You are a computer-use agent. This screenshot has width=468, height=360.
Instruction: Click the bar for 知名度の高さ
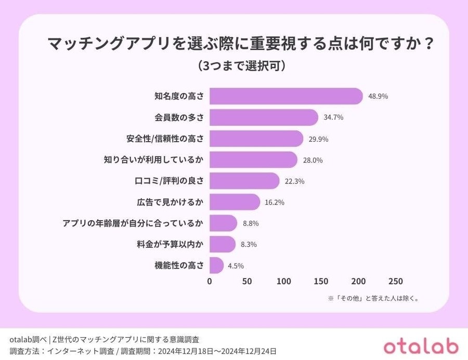click(x=286, y=96)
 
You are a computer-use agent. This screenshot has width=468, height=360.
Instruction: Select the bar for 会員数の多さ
click(x=264, y=117)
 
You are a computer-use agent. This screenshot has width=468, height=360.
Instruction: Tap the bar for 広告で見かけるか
click(x=235, y=202)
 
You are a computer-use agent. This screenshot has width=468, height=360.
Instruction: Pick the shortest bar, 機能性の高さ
click(x=216, y=265)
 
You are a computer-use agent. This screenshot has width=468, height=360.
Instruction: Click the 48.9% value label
click(x=378, y=96)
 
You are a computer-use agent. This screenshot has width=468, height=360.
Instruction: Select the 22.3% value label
click(x=294, y=181)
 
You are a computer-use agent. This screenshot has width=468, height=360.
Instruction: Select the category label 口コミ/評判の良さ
click(x=168, y=181)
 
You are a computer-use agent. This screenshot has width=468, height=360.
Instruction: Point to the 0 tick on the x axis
click(x=210, y=282)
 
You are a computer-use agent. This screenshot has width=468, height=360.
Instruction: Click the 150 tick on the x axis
click(x=321, y=282)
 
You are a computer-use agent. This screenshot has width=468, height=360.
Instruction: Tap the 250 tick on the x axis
click(x=395, y=282)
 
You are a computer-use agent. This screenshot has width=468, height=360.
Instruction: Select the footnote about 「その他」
click(x=373, y=299)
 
